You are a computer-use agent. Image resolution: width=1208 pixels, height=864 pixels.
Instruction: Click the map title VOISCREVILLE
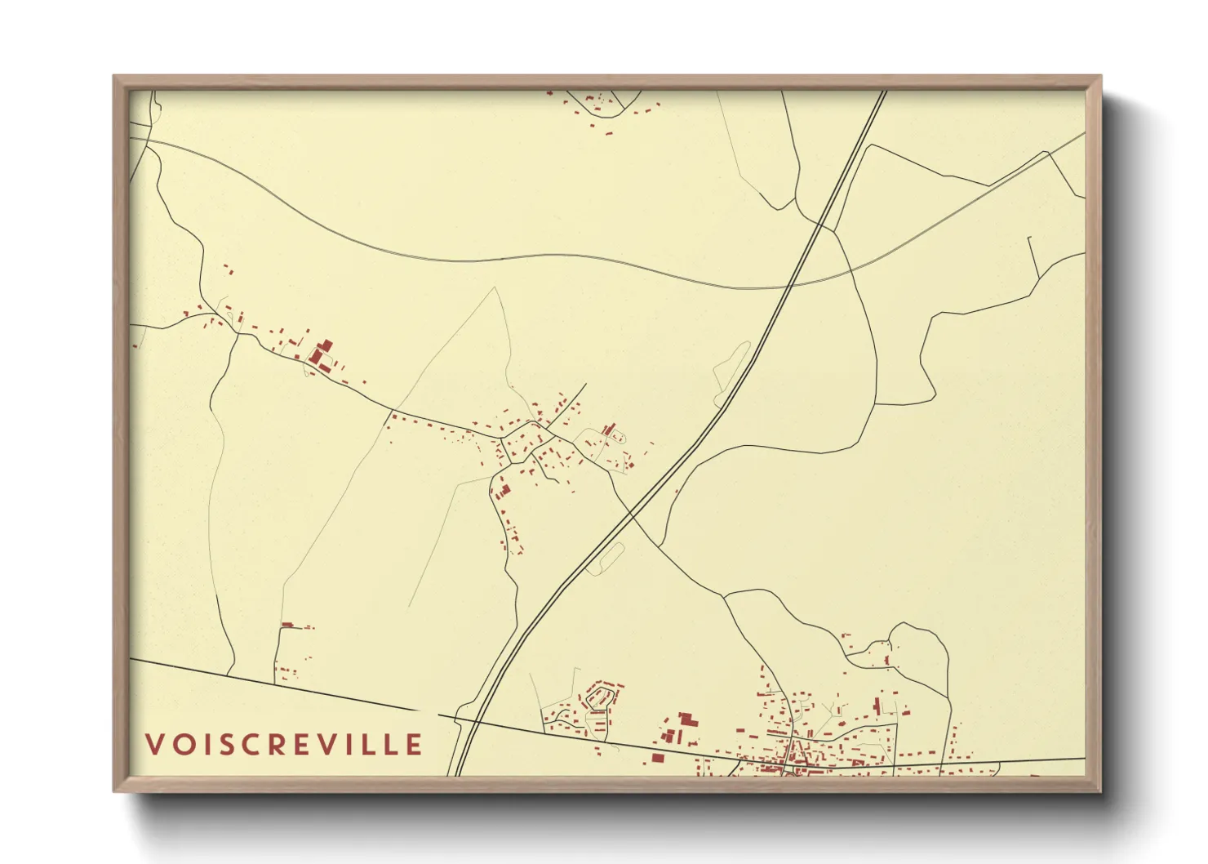pos(284,744)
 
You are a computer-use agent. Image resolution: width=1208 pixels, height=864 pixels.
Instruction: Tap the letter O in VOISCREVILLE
pos(181,744)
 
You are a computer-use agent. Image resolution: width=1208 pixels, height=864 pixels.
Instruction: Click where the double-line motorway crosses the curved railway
pos(789,286)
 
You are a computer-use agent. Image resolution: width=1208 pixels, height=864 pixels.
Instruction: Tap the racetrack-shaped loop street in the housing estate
pos(601,697)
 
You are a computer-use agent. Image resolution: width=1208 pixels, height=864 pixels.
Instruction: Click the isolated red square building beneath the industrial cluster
pos(657,758)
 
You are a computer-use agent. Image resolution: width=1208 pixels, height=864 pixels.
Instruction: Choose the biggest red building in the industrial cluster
pos(687,719)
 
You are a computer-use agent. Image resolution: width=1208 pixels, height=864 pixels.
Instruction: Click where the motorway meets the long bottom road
pos(465,720)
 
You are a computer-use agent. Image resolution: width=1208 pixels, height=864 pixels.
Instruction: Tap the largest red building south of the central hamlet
pos(504,490)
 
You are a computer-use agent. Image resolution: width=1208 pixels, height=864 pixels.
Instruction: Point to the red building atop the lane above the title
pos(286,626)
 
